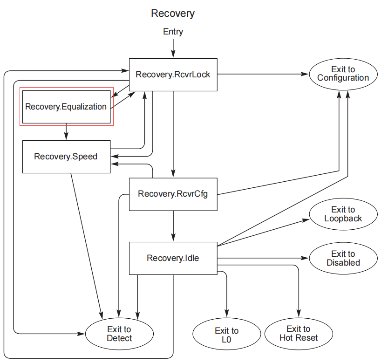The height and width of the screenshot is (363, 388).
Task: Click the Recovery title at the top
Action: (x=173, y=14)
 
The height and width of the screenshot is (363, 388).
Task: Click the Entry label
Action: (x=173, y=32)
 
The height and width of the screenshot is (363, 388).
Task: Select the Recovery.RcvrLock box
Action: (x=173, y=75)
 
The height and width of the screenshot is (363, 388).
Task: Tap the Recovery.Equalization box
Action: (x=66, y=107)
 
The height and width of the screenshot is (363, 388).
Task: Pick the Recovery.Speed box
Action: (x=66, y=157)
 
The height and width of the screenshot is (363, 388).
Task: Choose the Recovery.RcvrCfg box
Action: (x=173, y=194)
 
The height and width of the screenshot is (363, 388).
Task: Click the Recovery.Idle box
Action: (x=173, y=258)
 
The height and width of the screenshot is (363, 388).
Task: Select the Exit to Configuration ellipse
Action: (x=343, y=74)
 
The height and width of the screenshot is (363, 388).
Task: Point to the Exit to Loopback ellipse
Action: (x=343, y=214)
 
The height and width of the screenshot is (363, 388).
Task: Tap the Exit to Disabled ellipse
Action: (x=343, y=258)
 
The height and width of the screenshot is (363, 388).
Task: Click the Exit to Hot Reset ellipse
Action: (x=299, y=334)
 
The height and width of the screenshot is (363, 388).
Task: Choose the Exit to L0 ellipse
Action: (x=227, y=334)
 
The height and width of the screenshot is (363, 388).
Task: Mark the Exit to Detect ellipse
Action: (x=119, y=334)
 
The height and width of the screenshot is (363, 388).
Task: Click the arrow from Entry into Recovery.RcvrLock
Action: (x=173, y=48)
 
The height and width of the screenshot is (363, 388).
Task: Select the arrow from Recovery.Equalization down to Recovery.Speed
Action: (x=66, y=132)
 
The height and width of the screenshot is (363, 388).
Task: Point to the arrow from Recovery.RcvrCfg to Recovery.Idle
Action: (x=173, y=226)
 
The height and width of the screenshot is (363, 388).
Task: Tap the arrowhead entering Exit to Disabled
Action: (x=305, y=258)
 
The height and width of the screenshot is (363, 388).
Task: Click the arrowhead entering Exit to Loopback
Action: (x=306, y=220)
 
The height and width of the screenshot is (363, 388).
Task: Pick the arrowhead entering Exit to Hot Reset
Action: (x=299, y=313)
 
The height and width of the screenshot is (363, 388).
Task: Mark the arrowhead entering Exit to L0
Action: (x=227, y=314)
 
